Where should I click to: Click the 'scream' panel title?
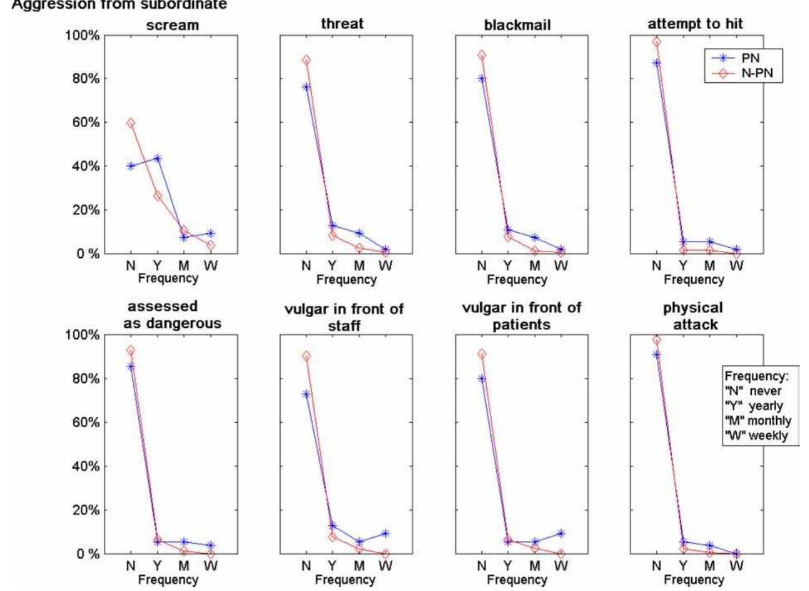[x=172, y=25]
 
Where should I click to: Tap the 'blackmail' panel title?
[x=517, y=25]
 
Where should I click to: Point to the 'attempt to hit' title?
[x=695, y=24]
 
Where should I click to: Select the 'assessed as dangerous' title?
[x=172, y=315]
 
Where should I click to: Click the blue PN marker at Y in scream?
[x=157, y=158]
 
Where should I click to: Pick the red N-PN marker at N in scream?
[x=131, y=123]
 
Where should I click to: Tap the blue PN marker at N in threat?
[x=306, y=87]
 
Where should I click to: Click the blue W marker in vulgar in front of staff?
[x=386, y=533]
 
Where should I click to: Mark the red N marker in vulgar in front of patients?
[x=482, y=354]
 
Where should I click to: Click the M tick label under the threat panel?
[x=359, y=266]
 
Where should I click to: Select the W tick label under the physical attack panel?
[x=736, y=566]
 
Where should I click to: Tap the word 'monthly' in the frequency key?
[x=770, y=420]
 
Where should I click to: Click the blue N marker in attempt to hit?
[x=657, y=63]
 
